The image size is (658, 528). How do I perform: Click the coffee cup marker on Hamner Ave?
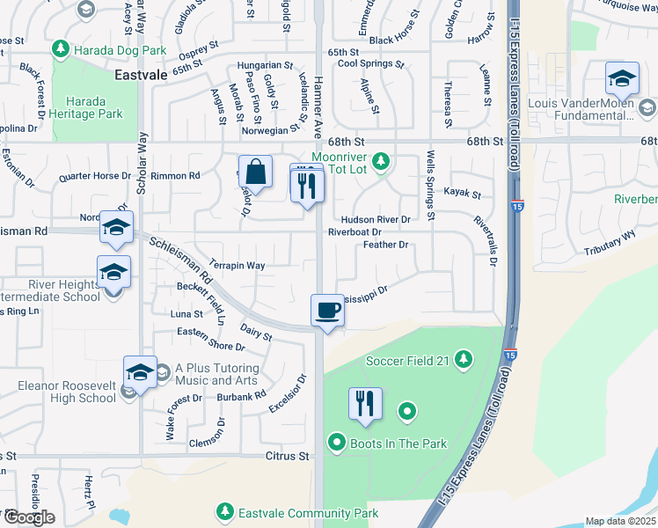327,311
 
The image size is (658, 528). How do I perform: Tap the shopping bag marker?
255,172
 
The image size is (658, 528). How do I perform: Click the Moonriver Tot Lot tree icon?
381,161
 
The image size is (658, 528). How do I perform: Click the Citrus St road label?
289,457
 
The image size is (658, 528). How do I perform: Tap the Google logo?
28,517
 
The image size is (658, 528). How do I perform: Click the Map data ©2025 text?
619,521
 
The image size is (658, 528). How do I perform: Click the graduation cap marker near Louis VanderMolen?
622,80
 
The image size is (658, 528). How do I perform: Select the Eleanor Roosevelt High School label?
67,392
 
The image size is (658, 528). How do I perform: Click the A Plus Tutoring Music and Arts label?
216,374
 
